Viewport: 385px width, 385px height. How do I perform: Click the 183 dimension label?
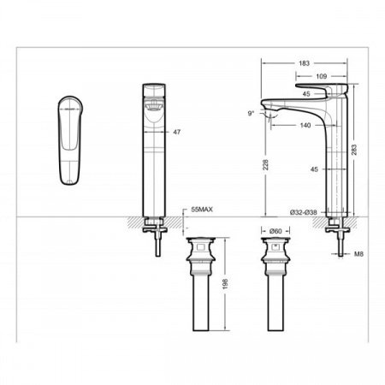(305, 63)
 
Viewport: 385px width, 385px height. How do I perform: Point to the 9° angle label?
(250, 113)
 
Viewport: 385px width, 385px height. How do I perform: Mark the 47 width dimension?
(177, 133)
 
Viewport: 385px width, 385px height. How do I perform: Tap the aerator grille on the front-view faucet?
(154, 106)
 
